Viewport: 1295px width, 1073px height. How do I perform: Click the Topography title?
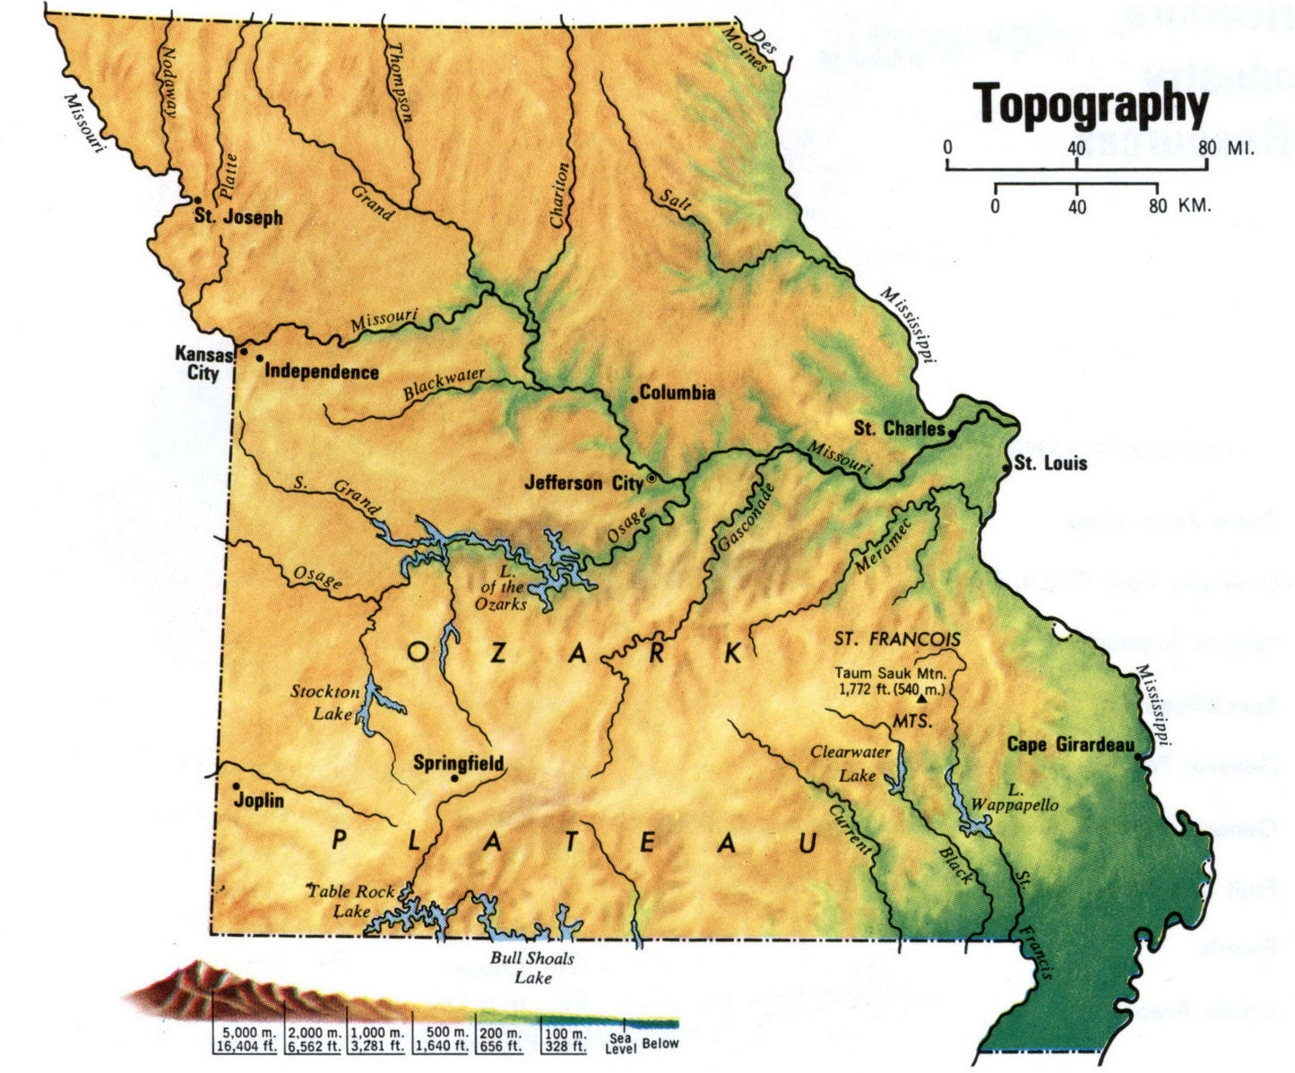1091,105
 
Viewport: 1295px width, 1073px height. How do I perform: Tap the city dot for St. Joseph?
196,200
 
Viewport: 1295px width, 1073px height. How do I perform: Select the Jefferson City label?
583,483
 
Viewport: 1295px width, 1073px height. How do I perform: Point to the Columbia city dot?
635,399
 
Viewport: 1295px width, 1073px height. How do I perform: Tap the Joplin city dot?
237,786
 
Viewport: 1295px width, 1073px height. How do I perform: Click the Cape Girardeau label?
1070,745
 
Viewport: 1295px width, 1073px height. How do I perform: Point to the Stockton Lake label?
324,703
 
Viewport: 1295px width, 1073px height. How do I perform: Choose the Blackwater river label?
444,385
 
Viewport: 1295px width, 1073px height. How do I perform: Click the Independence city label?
322,372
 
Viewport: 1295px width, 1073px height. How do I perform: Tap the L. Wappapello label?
1014,798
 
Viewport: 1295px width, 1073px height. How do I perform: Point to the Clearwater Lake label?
850,763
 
